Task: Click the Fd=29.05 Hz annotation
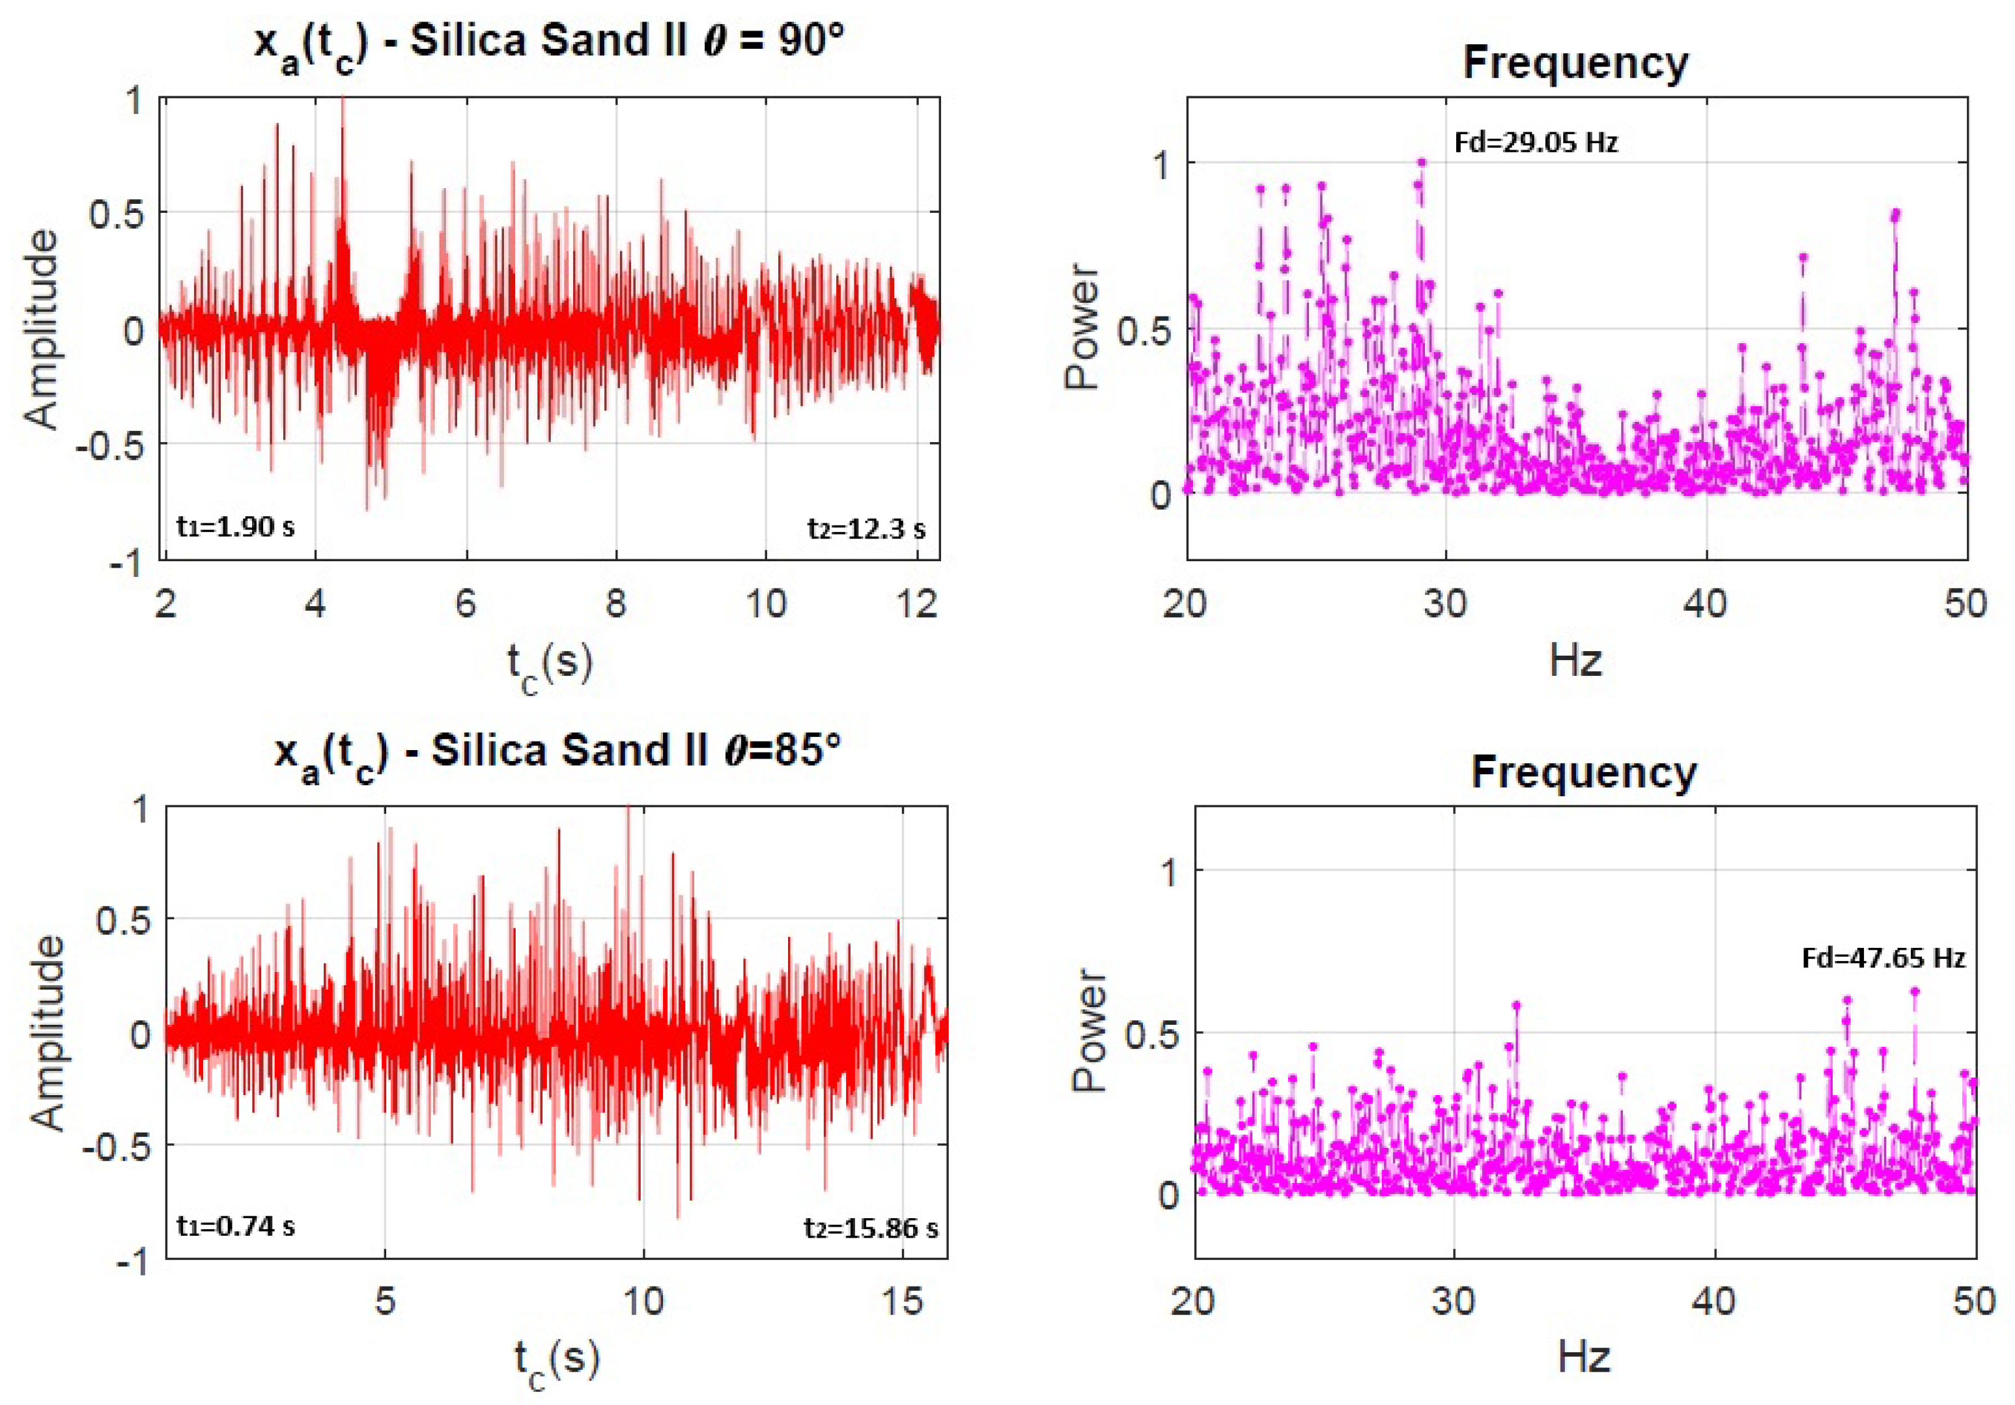coord(1535,142)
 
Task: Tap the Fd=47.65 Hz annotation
coord(1883,958)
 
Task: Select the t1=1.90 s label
coord(235,527)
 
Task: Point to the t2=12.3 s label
coord(866,528)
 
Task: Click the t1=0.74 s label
coord(235,1225)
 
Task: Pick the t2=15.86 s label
coord(871,1227)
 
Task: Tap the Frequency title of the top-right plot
coord(1575,63)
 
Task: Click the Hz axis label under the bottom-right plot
coord(1584,1357)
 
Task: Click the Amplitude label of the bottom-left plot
coord(48,1032)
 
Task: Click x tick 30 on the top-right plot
coord(1445,604)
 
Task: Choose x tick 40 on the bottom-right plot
coord(1714,1301)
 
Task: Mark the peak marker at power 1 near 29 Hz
coord(1422,162)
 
